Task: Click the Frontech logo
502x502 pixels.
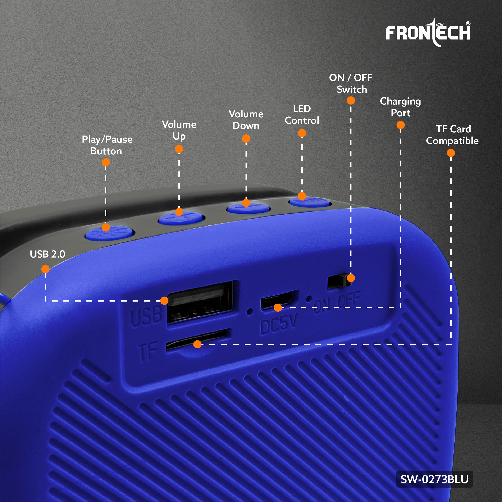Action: coord(428,32)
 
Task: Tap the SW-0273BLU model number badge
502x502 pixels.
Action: coord(434,479)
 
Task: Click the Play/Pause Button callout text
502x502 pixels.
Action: coord(107,145)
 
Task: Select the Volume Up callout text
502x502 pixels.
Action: coord(179,130)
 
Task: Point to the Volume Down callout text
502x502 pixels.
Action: coord(246,120)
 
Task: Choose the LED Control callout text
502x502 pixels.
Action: coord(302,115)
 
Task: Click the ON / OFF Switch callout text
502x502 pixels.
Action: coord(351,83)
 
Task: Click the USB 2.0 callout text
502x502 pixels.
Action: coord(47,254)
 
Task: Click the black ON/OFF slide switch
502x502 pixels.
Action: coord(339,281)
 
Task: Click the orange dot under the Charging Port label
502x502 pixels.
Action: coord(400,125)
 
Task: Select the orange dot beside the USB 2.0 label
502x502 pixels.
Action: coord(45,269)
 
